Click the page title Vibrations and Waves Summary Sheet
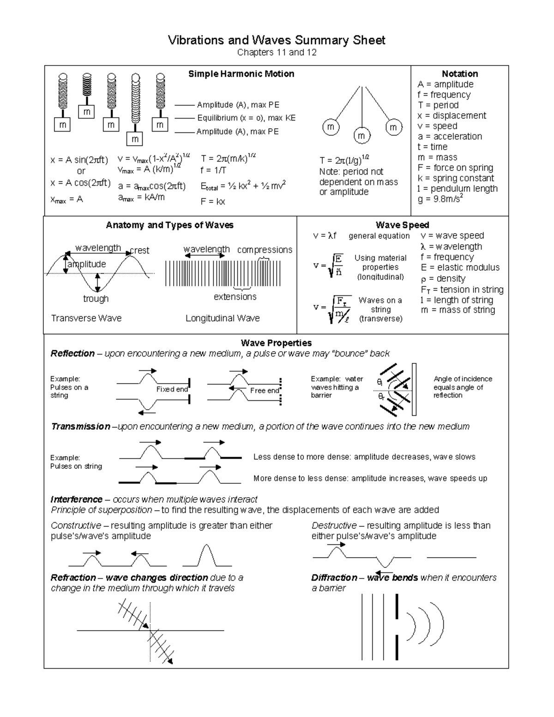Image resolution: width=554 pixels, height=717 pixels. [277, 40]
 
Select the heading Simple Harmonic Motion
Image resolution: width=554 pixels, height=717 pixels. [241, 74]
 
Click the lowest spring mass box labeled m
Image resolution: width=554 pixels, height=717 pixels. [135, 139]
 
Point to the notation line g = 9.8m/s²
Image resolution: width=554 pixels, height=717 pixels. [440, 199]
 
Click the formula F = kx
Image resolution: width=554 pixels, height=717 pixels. [213, 202]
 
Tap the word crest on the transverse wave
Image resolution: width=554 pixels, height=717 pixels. [139, 250]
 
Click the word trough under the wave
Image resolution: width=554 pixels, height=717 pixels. [96, 299]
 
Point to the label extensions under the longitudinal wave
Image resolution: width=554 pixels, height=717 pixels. [235, 297]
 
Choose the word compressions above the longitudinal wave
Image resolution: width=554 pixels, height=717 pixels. [265, 250]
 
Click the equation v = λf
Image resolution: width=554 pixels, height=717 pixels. [325, 236]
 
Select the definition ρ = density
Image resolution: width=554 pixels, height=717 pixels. [443, 278]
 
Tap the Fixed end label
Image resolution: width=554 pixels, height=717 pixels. [172, 389]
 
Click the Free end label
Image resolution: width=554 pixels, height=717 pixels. [265, 391]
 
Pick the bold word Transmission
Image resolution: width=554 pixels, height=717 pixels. [81, 427]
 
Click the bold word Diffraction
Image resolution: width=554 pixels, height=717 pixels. [334, 578]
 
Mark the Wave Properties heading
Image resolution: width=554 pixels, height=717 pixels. [276, 343]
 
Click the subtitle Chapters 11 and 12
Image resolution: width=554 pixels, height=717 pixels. [277, 52]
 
